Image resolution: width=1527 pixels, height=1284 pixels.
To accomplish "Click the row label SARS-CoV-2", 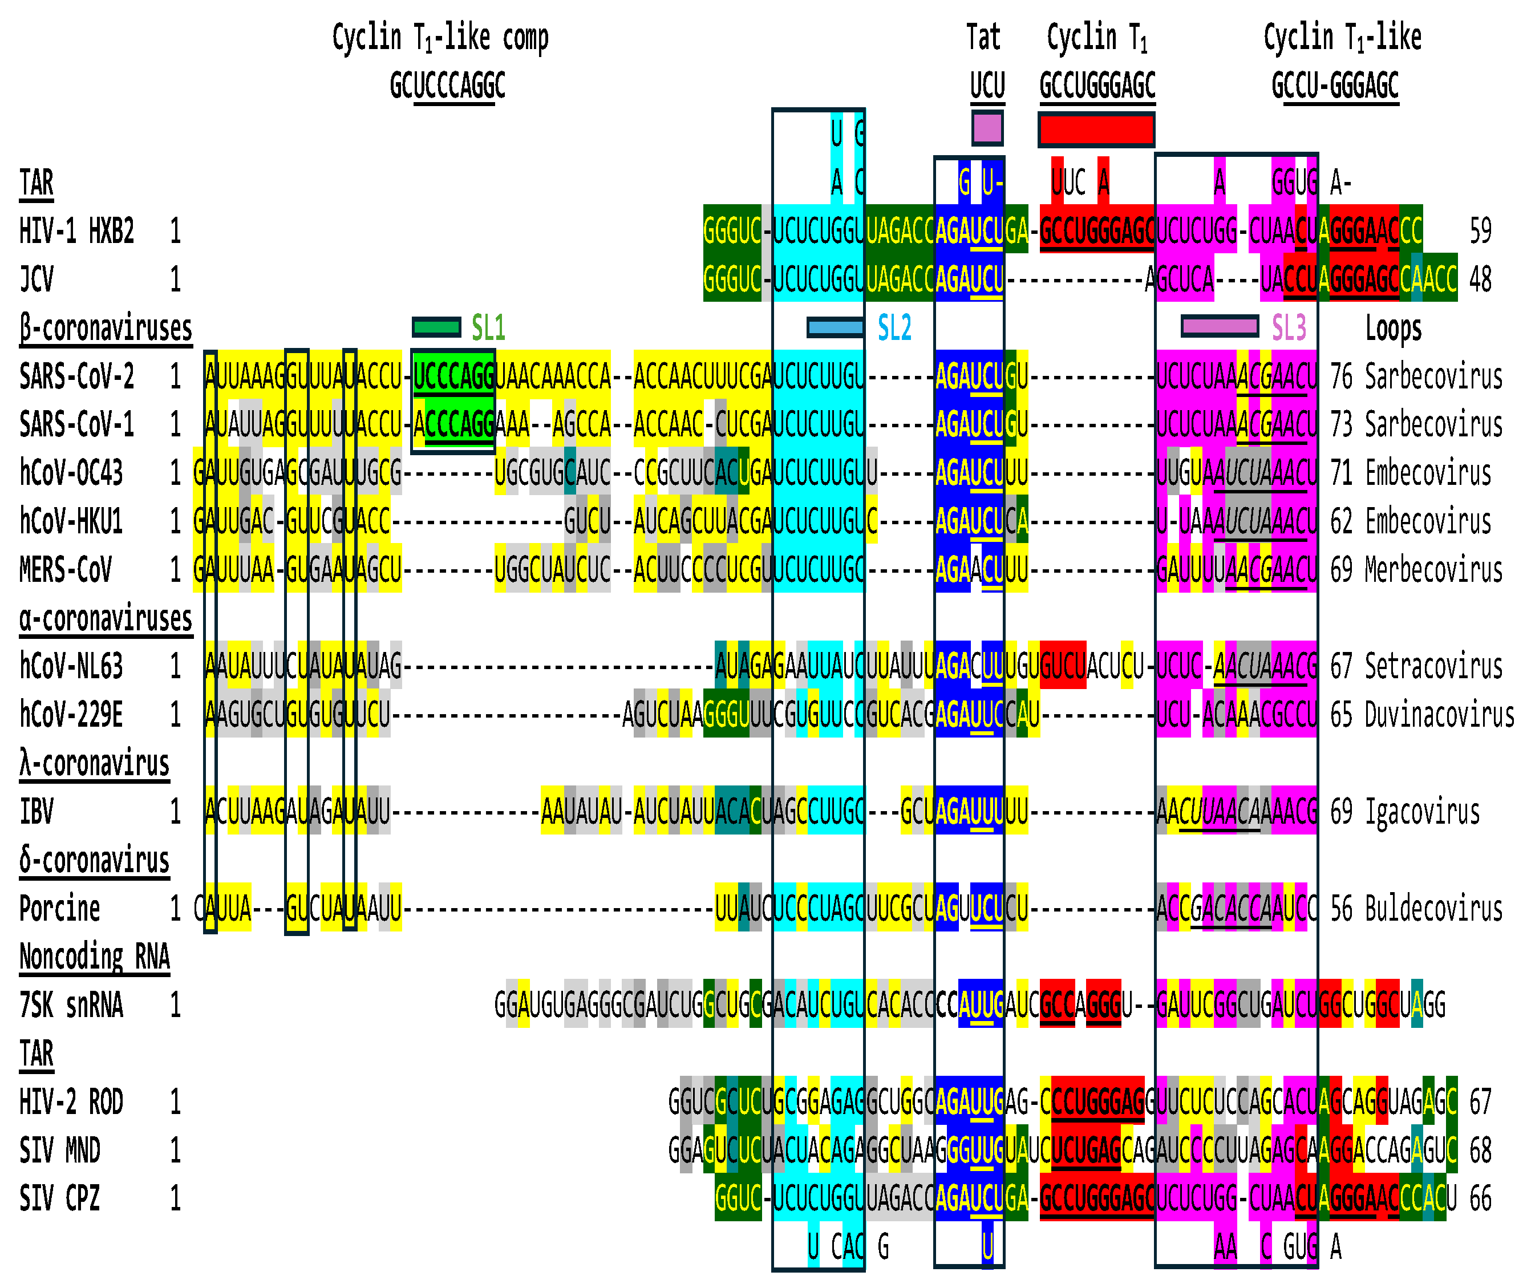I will point(76,377).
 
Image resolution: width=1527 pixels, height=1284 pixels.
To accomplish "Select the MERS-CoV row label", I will point(66,570).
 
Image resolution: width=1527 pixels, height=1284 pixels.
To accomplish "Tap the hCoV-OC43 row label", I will point(71,473).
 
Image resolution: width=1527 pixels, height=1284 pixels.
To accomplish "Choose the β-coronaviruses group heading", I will point(106,329).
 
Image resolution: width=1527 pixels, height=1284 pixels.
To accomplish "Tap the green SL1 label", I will point(488,329).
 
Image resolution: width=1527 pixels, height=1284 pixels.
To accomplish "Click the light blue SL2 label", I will point(894,329).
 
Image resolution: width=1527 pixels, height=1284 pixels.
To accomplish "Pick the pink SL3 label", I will point(1288,329).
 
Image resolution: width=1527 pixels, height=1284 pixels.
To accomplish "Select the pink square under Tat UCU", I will point(987,128).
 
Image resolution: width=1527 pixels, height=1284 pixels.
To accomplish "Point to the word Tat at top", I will point(983,38).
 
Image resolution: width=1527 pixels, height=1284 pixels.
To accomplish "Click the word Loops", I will point(1393,329).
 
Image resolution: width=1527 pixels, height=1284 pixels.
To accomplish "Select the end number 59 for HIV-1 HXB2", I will point(1480,232).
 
